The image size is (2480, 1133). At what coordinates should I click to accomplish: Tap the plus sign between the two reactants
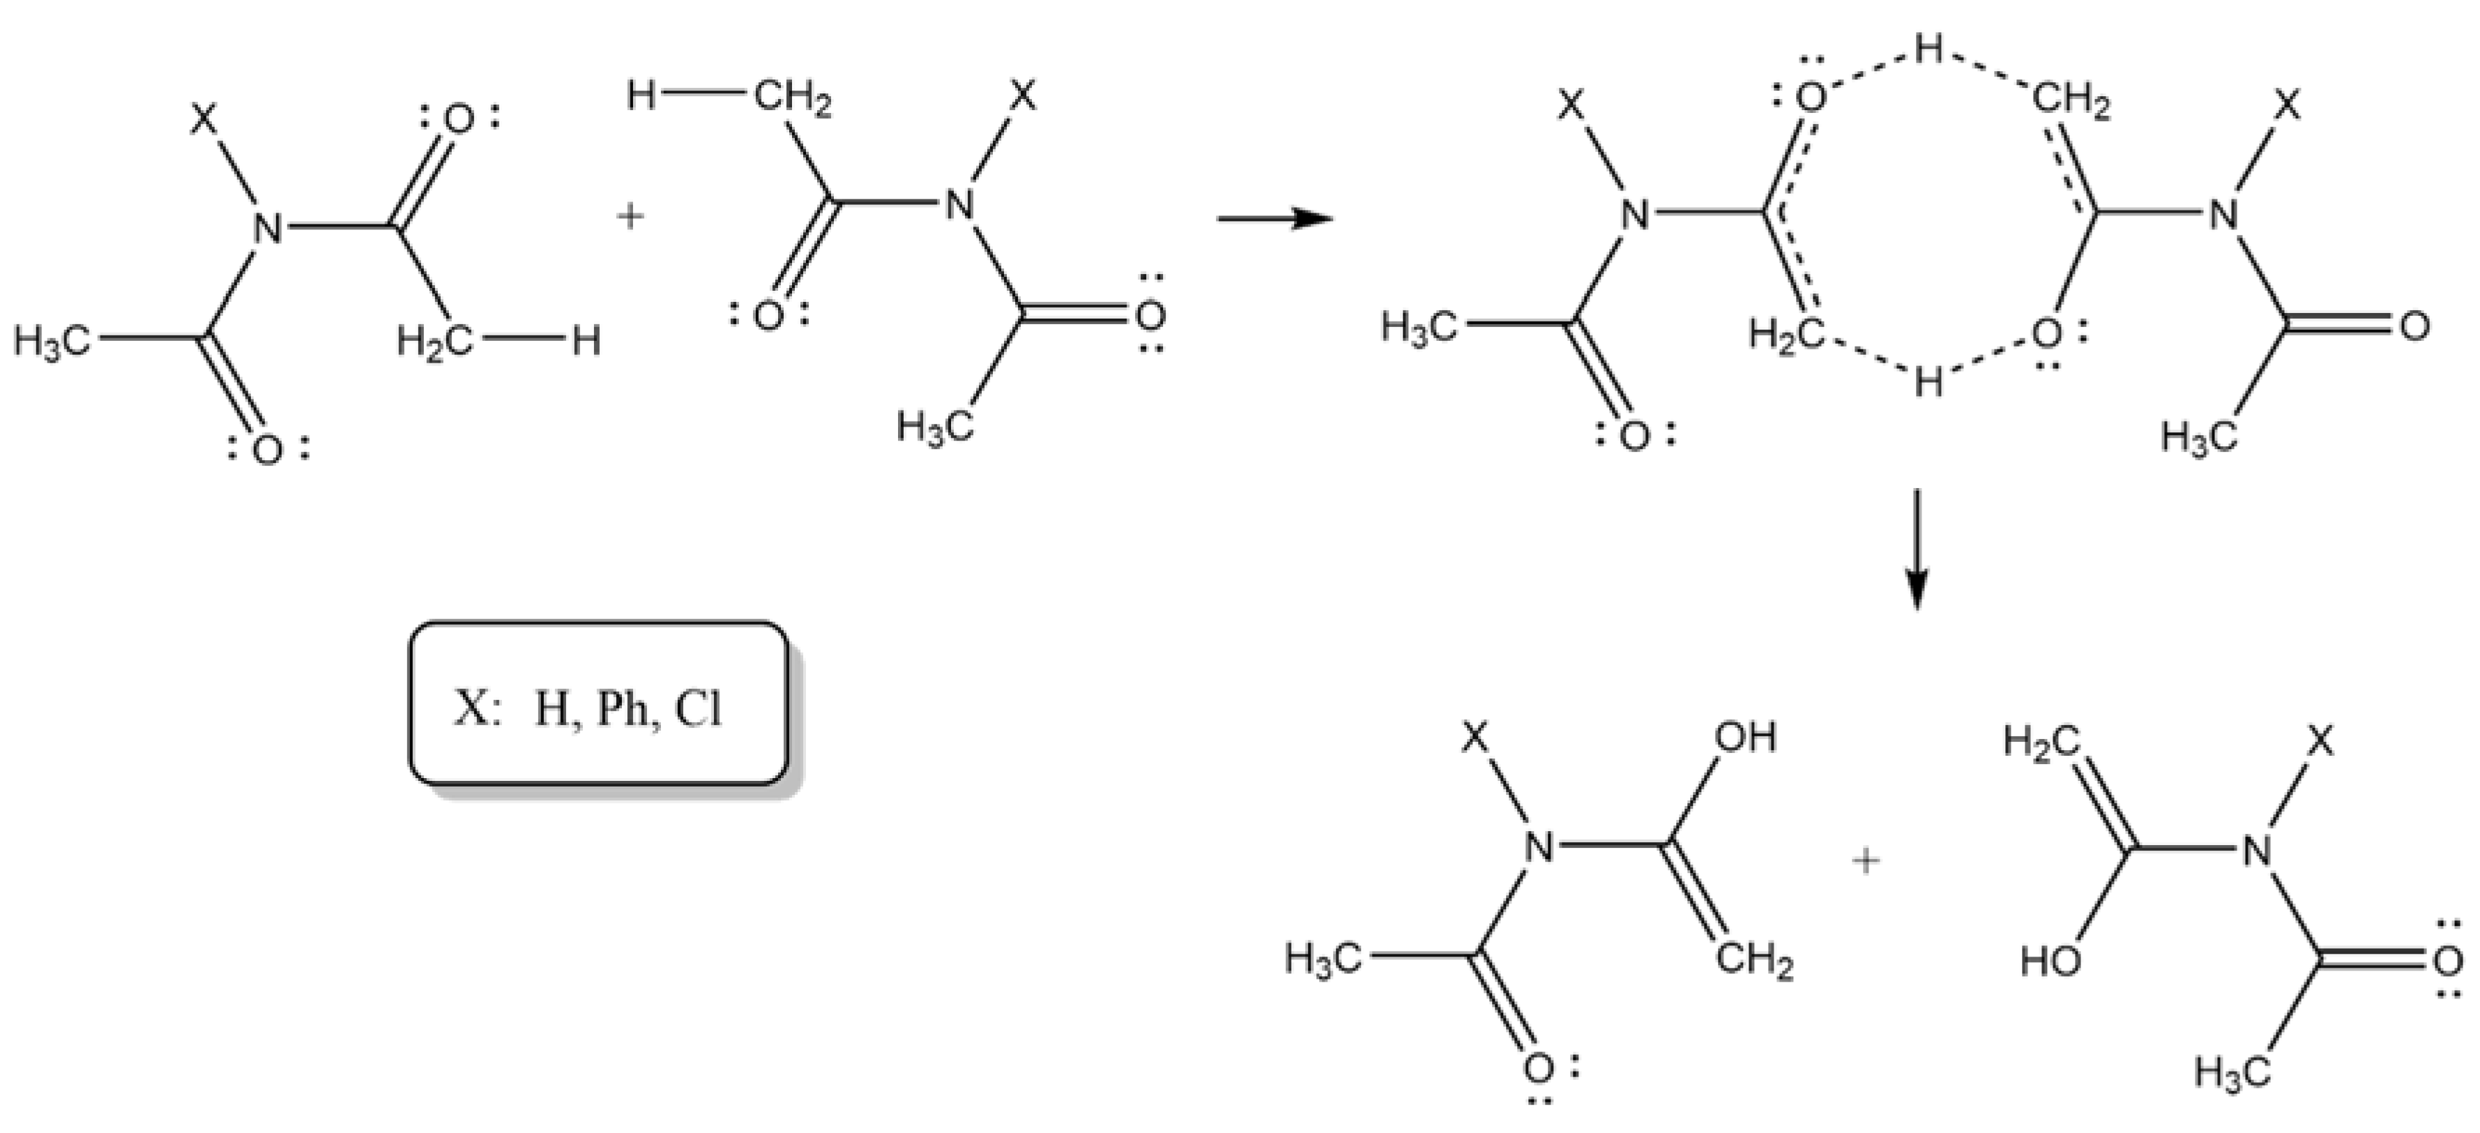click(x=630, y=218)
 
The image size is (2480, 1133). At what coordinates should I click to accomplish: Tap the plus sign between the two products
click(x=1866, y=860)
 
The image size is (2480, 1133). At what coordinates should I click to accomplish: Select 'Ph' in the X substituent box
click(x=621, y=710)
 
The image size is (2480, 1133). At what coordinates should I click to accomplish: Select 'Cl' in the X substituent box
click(x=697, y=710)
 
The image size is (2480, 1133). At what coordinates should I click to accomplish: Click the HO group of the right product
click(x=2051, y=961)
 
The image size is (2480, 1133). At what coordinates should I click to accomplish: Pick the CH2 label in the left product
click(x=1754, y=961)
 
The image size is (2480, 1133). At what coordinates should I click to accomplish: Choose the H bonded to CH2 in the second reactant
click(x=641, y=96)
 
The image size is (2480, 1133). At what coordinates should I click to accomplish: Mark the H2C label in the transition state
click(x=1786, y=334)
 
